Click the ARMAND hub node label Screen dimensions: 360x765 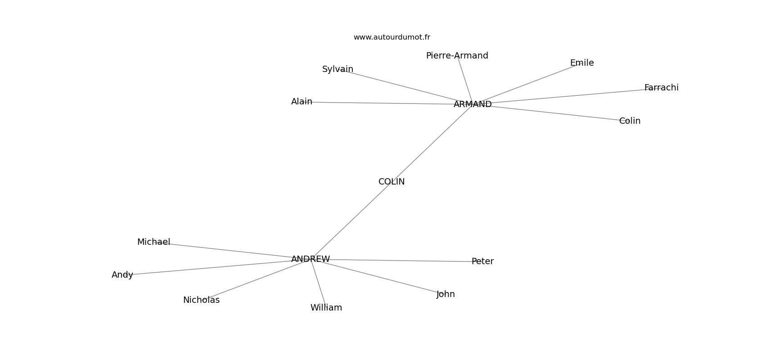[472, 104]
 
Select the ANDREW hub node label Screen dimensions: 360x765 [310, 259]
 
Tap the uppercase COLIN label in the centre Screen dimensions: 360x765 [391, 182]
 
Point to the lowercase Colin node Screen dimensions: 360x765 [630, 121]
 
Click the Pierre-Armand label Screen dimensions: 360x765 [457, 56]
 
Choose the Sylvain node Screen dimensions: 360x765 [337, 69]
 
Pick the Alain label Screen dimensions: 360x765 [301, 102]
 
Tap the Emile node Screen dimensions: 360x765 [582, 63]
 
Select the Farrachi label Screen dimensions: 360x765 [661, 88]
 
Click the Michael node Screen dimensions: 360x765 [153, 242]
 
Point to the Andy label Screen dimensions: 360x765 [122, 275]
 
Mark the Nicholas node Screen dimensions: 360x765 [201, 300]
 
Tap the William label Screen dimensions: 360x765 [326, 308]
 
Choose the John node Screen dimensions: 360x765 [445, 294]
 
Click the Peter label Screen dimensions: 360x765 [482, 261]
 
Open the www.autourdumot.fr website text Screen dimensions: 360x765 [391, 37]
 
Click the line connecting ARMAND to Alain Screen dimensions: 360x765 [382, 103]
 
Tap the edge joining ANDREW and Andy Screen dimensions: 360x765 [211, 268]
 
